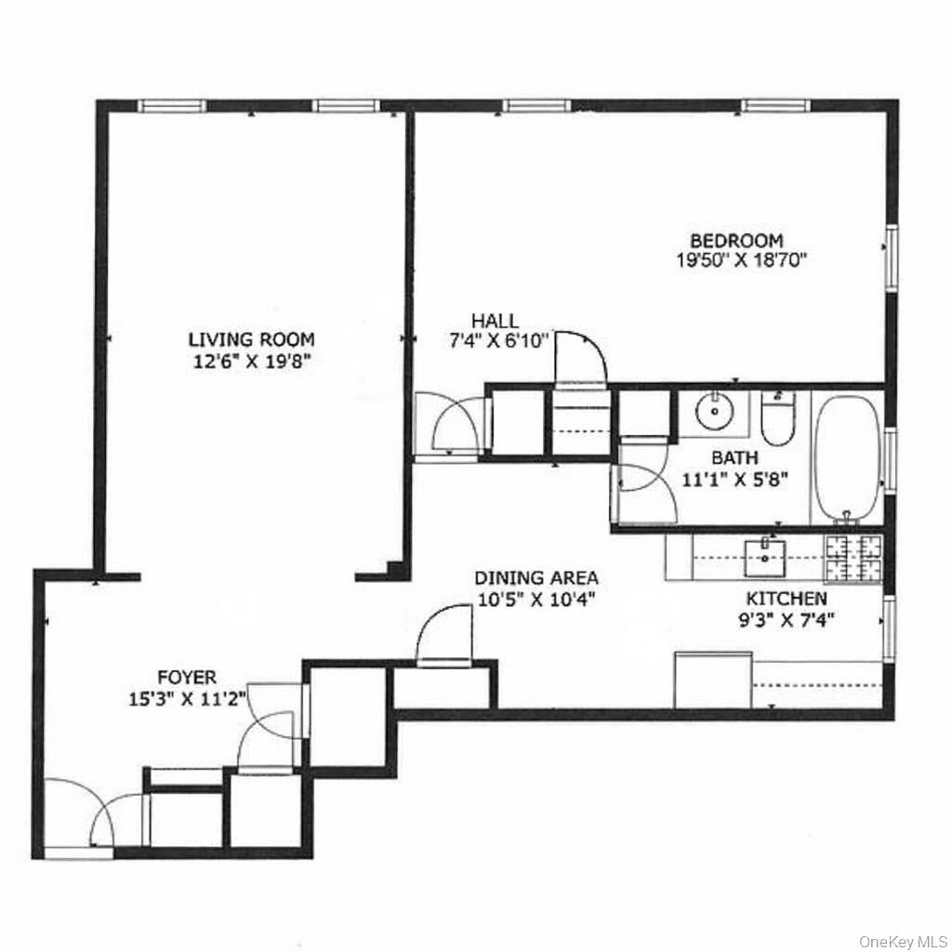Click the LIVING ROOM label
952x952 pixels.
coord(251,339)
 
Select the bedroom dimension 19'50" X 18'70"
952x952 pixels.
coord(740,260)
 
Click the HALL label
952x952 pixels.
coord(495,322)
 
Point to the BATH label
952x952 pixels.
coord(734,457)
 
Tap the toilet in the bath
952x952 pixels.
coord(774,422)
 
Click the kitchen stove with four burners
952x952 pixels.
coord(854,558)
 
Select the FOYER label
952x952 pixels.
coord(186,678)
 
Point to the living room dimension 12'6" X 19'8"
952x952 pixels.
coord(252,361)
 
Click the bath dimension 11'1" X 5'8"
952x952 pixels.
coord(734,480)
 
